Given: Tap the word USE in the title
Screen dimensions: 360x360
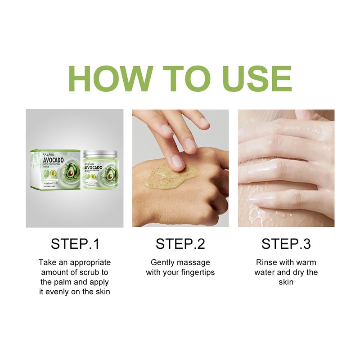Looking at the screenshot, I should pyautogui.click(x=254, y=79).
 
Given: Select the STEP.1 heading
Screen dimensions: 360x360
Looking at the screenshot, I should pyautogui.click(x=75, y=244).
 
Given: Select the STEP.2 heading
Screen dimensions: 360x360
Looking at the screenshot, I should pyautogui.click(x=180, y=244).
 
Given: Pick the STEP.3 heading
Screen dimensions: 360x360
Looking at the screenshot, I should pyautogui.click(x=286, y=244).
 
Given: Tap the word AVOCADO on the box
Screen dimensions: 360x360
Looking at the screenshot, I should pyautogui.click(x=56, y=159).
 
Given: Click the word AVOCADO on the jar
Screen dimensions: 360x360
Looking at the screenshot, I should pyautogui.click(x=94, y=167).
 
